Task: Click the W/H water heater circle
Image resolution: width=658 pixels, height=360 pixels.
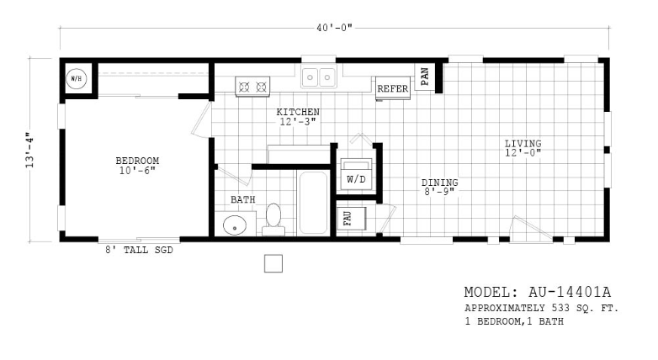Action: tap(77, 78)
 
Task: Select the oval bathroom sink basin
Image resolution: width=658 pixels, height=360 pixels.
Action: tap(235, 225)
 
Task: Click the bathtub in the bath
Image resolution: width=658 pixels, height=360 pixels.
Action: tap(313, 203)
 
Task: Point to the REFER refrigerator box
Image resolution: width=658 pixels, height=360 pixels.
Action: tap(393, 88)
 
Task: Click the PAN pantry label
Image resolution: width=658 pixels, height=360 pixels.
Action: tap(425, 77)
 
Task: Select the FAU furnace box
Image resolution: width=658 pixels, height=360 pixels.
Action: tap(352, 218)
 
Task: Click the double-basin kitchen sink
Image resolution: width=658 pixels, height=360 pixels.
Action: tap(319, 77)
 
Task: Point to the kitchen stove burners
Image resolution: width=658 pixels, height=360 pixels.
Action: tap(252, 87)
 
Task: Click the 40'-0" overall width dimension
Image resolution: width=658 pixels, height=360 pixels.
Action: tap(334, 28)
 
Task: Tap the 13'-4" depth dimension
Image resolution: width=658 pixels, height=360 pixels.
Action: tap(29, 151)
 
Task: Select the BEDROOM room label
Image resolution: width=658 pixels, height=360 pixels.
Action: tap(137, 161)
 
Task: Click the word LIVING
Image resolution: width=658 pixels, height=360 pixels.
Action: tap(523, 144)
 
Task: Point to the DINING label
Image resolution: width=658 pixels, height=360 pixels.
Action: tap(440, 183)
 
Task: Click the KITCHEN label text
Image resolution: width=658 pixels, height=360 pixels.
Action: tap(298, 112)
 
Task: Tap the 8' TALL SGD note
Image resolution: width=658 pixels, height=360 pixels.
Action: tap(139, 250)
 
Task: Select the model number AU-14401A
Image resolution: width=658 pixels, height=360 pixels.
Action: tap(570, 292)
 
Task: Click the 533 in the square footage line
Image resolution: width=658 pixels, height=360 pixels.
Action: tap(560, 308)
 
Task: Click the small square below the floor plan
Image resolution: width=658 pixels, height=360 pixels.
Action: tap(273, 263)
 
